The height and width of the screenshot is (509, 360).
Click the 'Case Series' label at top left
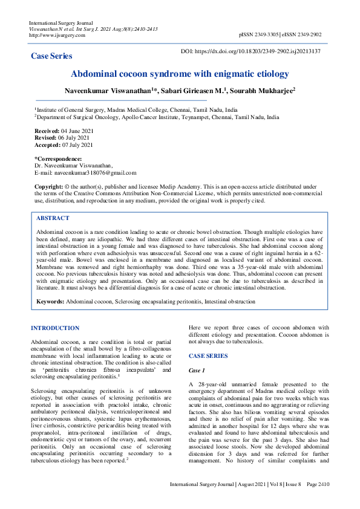point(51,56)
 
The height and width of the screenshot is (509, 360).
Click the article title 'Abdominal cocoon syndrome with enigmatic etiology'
point(180,74)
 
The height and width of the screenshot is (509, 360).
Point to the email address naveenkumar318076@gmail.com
point(94,173)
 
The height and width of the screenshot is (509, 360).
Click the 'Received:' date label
point(47,131)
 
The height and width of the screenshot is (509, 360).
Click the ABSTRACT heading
point(53,218)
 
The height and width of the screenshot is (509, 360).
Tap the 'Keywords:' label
point(50,300)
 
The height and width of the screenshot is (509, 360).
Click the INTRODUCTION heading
point(55,328)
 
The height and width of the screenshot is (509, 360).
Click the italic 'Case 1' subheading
point(197,370)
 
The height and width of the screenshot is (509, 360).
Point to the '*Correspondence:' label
point(57,158)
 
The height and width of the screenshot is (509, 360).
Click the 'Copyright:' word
point(48,187)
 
